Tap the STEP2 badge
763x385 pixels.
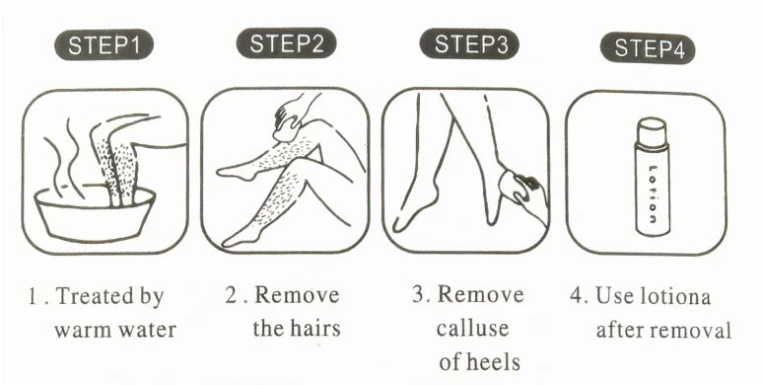coord(286,43)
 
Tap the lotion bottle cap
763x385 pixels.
coord(652,131)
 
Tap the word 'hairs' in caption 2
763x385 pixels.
coord(313,328)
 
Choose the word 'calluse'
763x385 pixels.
coord(473,329)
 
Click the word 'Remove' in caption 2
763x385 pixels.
coord(301,295)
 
